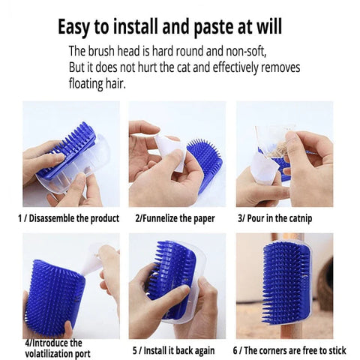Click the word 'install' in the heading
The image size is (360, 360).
coord(135,26)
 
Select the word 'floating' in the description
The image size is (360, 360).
coord(85,84)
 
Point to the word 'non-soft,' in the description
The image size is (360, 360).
coord(246,51)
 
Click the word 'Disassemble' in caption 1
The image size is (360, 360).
coord(52,218)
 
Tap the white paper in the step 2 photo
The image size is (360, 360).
coord(170,151)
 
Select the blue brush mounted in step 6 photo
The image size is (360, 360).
coord(286,283)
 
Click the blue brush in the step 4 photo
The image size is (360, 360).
coord(55,298)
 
